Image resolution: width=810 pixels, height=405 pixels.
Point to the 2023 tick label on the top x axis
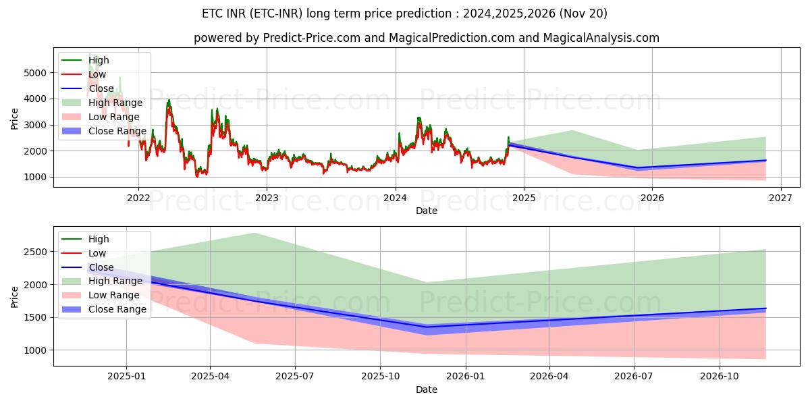267,198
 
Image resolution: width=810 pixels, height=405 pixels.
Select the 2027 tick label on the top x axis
780,198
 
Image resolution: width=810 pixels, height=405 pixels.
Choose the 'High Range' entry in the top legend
115,103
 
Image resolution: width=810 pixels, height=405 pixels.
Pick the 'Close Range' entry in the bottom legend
117,309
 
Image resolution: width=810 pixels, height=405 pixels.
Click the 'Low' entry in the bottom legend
97,253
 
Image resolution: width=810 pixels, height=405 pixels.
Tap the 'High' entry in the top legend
99,60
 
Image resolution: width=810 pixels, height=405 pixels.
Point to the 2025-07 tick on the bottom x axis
296,376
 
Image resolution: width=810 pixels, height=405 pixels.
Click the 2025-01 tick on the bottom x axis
126,376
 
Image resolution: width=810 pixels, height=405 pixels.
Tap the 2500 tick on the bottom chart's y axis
37,252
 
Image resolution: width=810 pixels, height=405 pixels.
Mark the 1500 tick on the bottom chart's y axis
37,317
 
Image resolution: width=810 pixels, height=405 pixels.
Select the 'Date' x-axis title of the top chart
426,211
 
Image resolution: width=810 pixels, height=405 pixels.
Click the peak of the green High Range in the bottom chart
254,233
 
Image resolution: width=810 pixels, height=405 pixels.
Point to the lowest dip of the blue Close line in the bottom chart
427,327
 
